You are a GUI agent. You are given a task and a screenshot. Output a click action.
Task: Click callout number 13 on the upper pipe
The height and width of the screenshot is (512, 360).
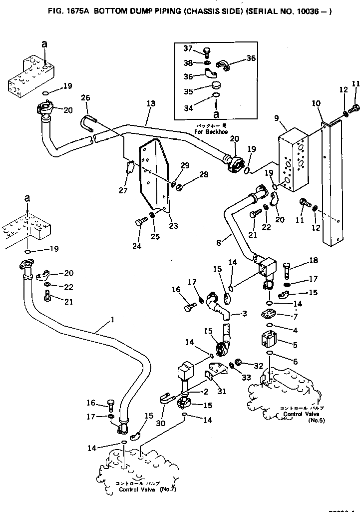[x=151, y=103]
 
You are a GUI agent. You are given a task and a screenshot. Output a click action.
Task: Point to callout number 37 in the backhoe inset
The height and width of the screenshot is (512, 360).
[x=187, y=48]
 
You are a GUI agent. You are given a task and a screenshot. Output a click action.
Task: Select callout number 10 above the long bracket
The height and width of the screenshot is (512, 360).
[x=317, y=103]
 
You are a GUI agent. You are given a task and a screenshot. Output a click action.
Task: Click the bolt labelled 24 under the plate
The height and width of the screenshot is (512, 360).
[x=139, y=224]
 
